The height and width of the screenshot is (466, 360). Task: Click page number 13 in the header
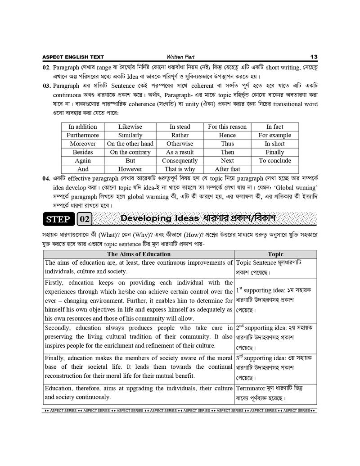314,57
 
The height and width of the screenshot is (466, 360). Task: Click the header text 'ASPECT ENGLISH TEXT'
73,57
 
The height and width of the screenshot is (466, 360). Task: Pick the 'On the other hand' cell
130,144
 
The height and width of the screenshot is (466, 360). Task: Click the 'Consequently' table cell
180,161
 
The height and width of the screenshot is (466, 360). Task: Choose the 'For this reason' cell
227,127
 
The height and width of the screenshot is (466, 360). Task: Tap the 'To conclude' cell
275,161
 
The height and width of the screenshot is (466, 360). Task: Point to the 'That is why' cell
180,169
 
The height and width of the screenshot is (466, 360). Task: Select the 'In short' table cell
275,144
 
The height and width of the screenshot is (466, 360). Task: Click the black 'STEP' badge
58,219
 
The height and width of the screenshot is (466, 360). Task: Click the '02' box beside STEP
85,219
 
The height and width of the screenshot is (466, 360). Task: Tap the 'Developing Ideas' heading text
160,218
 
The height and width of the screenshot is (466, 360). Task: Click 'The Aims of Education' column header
139,254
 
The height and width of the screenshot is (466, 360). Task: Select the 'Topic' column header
275,254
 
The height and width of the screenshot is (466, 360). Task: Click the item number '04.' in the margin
46,178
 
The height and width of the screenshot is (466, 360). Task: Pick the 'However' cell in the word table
130,169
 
